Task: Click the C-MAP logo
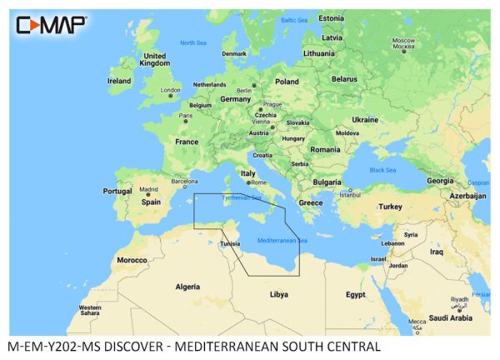50,25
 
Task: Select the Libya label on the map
279,294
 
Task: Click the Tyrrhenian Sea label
241,198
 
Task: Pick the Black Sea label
383,170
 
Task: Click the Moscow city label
403,41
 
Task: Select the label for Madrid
148,190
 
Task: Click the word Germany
235,98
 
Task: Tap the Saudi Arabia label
450,317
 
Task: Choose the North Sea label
193,42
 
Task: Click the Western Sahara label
89,311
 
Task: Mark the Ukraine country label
364,120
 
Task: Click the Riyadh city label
459,298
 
